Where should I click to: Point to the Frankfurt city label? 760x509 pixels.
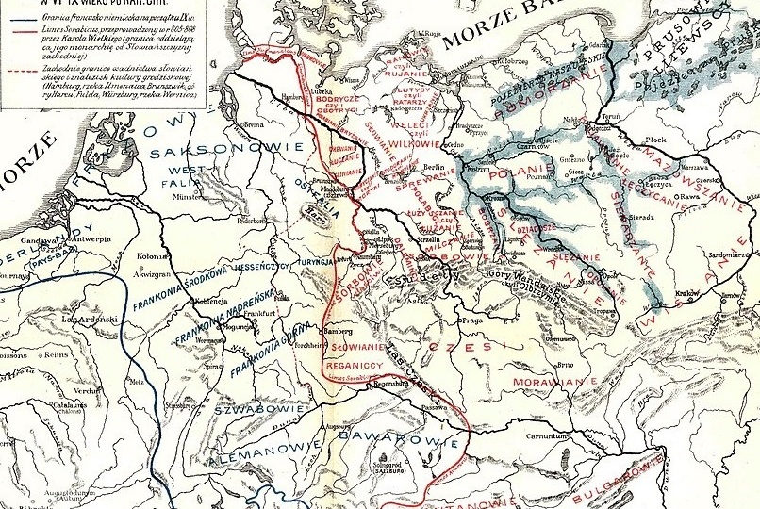pyautogui.click(x=265, y=312)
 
